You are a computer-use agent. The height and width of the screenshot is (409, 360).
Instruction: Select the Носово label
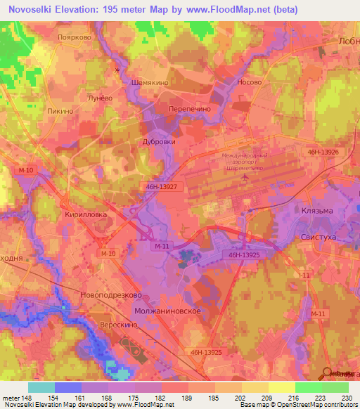tap(250, 82)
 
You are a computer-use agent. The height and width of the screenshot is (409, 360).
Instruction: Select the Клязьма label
tap(316, 212)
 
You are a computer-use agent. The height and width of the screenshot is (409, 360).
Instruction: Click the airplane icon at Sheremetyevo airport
tap(244, 177)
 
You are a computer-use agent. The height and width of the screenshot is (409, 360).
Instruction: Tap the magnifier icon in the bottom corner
tap(328, 374)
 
